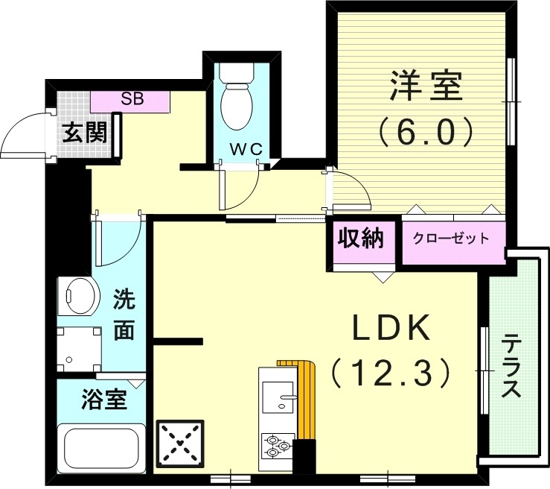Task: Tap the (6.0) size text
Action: [x=425, y=132]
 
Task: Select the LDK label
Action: [x=391, y=329]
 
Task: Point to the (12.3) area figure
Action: [x=391, y=370]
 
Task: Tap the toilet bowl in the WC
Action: [x=237, y=104]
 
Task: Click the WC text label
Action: [x=246, y=149]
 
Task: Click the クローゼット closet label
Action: [x=451, y=239]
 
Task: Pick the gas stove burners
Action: [x=276, y=445]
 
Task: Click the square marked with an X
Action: [x=179, y=444]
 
